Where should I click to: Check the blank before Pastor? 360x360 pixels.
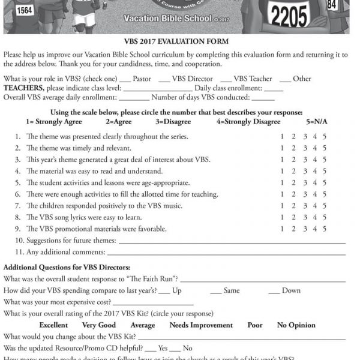pyautogui.click(x=125, y=80)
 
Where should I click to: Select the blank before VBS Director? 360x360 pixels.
pyautogui.click(x=164, y=80)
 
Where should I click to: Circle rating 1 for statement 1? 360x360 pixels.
pyautogui.click(x=283, y=137)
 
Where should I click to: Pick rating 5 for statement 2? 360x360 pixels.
pyautogui.click(x=325, y=148)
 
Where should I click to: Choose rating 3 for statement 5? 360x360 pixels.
pyautogui.click(x=304, y=182)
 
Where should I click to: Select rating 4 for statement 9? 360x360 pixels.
pyautogui.click(x=315, y=229)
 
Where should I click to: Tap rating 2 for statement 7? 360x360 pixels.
pyautogui.click(x=294, y=206)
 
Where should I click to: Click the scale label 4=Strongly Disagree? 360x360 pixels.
pyautogui.click(x=248, y=122)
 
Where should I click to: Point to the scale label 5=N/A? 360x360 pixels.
pyautogui.click(x=319, y=122)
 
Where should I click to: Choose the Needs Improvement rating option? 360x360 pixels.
pyautogui.click(x=201, y=325)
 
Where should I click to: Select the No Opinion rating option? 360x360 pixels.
pyautogui.click(x=296, y=325)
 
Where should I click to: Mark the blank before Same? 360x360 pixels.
pyautogui.click(x=216, y=291)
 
